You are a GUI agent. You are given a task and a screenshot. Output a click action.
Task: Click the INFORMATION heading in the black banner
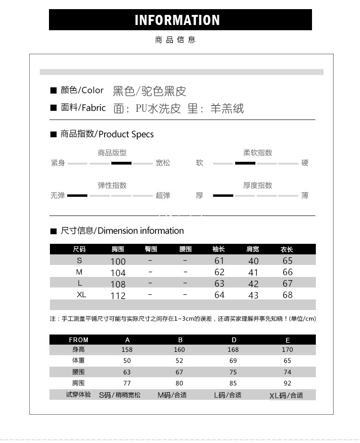click(177, 20)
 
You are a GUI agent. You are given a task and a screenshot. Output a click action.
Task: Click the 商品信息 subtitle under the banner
click(175, 40)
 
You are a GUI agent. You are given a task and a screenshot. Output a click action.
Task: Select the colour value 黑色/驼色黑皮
click(149, 91)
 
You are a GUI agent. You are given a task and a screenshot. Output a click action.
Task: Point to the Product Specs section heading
click(107, 134)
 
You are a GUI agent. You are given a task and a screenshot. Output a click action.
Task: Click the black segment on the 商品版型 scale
click(121, 163)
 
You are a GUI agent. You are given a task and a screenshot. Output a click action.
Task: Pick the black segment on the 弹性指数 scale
click(77, 195)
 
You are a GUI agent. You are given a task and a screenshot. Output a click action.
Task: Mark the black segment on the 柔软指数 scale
click(245, 163)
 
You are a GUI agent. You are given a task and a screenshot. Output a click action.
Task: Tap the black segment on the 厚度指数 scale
click(223, 195)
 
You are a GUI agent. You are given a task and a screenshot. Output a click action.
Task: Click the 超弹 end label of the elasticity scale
click(163, 195)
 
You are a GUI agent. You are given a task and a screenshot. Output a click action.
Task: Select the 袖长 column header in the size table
click(218, 249)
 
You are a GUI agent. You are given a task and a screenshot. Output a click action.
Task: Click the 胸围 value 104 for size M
click(118, 273)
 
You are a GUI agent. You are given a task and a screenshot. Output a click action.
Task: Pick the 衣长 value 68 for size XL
click(288, 295)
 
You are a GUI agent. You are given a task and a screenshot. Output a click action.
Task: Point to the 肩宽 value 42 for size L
click(253, 284)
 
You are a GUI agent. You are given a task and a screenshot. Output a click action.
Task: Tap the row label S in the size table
click(80, 261)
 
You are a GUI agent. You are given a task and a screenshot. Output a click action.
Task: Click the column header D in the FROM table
click(234, 340)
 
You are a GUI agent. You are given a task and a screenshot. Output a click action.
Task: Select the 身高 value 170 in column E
click(287, 350)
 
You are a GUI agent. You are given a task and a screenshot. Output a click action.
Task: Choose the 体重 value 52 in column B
click(179, 360)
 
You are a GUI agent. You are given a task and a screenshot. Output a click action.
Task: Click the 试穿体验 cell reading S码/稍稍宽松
click(120, 395)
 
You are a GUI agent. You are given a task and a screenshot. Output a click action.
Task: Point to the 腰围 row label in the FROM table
click(78, 372)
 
